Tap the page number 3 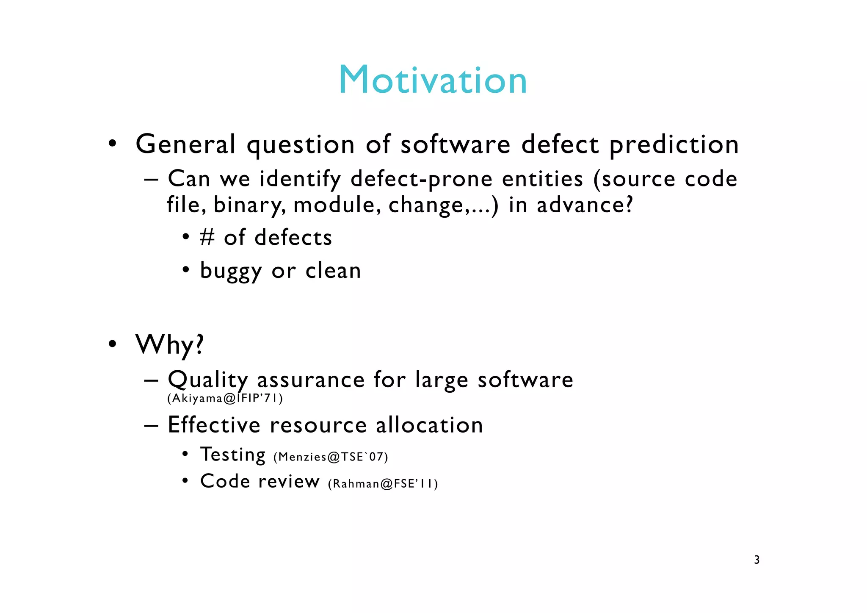click(757, 560)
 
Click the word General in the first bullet click(185, 144)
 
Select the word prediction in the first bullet click(674, 145)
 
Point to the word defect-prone click(421, 179)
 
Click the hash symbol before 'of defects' click(207, 237)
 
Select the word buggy click(231, 271)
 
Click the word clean click(333, 270)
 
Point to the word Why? click(169, 344)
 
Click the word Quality click(207, 380)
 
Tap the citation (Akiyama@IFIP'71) click(225, 399)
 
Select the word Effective click(214, 425)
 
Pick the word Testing click(232, 455)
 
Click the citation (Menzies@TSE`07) click(331, 457)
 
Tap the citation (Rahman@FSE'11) click(383, 484)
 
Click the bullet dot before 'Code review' click(185, 481)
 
